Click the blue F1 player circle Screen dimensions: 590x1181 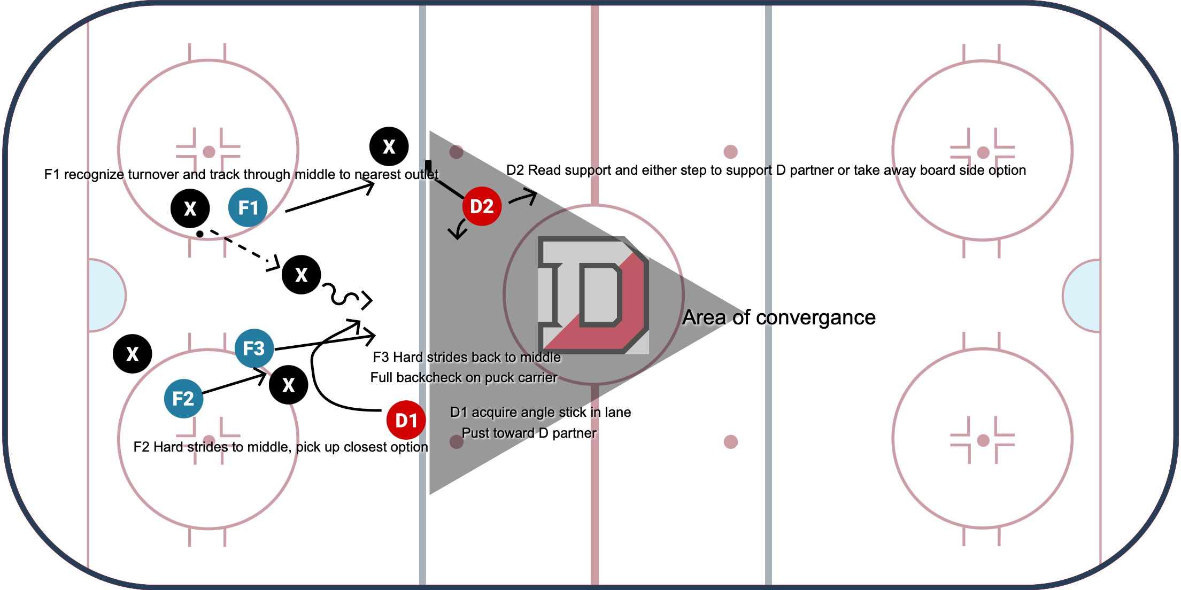click(x=248, y=207)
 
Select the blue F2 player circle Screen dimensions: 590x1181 click(x=183, y=399)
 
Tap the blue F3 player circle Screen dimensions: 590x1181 click(x=254, y=348)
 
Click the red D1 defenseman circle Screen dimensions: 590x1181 click(x=406, y=421)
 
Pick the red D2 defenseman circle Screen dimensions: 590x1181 click(x=482, y=206)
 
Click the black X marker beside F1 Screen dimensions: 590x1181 click(x=190, y=208)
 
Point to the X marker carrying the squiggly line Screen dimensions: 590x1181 click(x=302, y=275)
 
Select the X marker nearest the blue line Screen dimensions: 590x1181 click(x=389, y=146)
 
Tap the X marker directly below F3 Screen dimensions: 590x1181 click(x=289, y=385)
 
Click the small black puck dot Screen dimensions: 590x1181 click(x=199, y=234)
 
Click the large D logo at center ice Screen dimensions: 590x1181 click(x=593, y=295)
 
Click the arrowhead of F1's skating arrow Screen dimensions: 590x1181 click(x=369, y=186)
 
